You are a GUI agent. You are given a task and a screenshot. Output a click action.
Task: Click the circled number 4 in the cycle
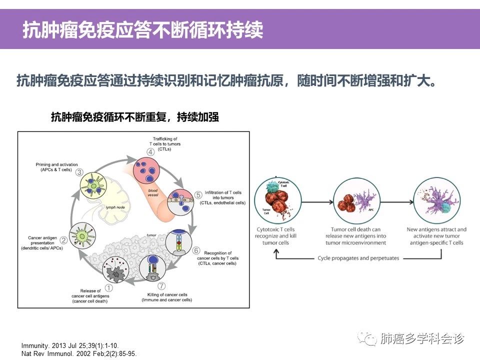(x=149, y=152)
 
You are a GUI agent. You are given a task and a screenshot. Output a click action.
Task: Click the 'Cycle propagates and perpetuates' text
(x=358, y=258)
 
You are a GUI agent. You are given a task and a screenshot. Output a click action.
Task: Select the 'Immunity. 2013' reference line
(x=70, y=345)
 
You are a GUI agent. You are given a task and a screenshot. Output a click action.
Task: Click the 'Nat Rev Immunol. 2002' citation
(x=78, y=353)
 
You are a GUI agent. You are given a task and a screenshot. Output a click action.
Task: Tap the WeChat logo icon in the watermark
(x=370, y=339)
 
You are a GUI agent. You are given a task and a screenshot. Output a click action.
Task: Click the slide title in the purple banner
(x=142, y=30)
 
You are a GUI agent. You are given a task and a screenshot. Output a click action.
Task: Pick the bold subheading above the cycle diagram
(x=135, y=117)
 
